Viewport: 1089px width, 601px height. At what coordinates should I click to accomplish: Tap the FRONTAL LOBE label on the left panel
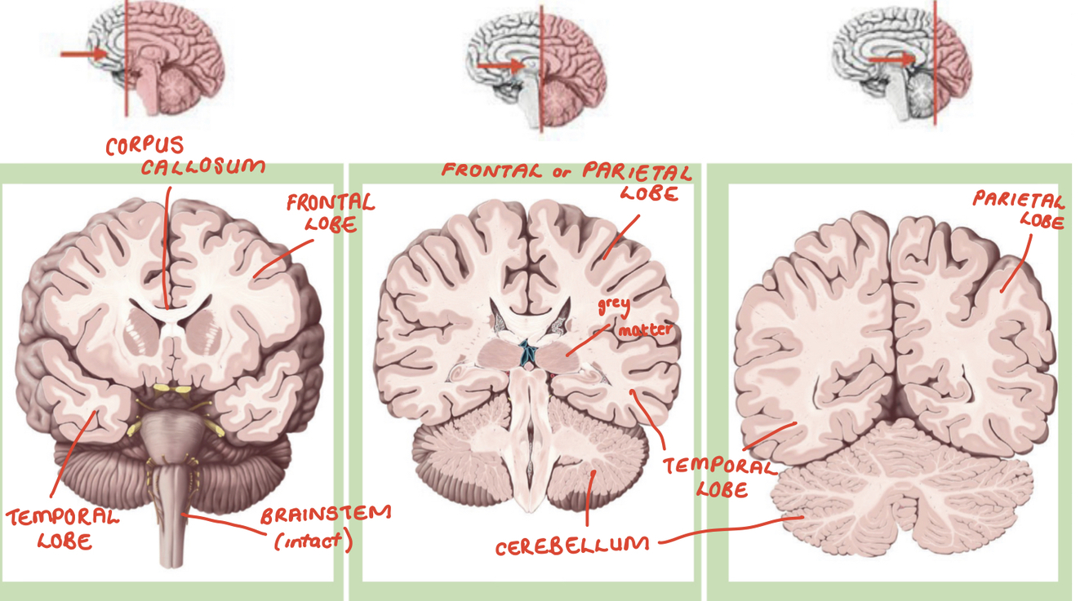(330, 212)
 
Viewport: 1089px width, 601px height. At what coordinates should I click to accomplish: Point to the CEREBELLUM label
(572, 546)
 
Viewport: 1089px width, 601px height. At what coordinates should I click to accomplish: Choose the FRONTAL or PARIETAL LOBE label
(567, 181)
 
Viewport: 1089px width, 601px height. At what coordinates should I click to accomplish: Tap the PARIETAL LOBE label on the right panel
(1018, 210)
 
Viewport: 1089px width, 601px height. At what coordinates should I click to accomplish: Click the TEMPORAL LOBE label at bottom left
(63, 528)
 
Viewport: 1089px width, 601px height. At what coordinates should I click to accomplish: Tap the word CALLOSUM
(203, 167)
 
